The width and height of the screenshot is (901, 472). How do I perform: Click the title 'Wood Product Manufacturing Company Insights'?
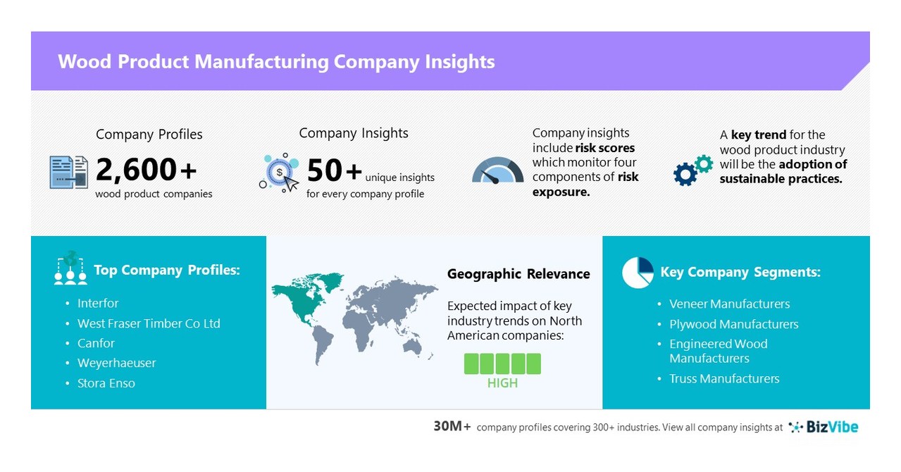[276, 62]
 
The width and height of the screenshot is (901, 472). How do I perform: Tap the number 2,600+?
[147, 170]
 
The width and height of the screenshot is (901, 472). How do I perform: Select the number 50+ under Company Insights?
[335, 170]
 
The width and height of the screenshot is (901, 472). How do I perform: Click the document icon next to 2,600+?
[68, 172]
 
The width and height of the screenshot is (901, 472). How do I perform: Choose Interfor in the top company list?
[98, 304]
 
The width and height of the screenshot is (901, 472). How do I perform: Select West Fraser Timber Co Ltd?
[149, 324]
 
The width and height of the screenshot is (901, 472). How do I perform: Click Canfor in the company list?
[96, 344]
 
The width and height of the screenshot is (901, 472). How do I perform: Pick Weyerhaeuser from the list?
[117, 364]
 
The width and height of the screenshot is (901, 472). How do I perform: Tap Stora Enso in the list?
[106, 384]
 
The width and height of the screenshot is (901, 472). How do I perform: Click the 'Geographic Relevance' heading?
[518, 274]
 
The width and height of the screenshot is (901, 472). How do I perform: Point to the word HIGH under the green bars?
[502, 383]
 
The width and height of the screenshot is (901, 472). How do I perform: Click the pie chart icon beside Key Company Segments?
[638, 273]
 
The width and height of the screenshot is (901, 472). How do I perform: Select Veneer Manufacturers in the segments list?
[729, 304]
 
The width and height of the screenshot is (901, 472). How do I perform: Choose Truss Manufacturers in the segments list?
[724, 379]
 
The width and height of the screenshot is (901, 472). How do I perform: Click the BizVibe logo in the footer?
[824, 427]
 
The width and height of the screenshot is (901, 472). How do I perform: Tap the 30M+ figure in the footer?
[452, 427]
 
